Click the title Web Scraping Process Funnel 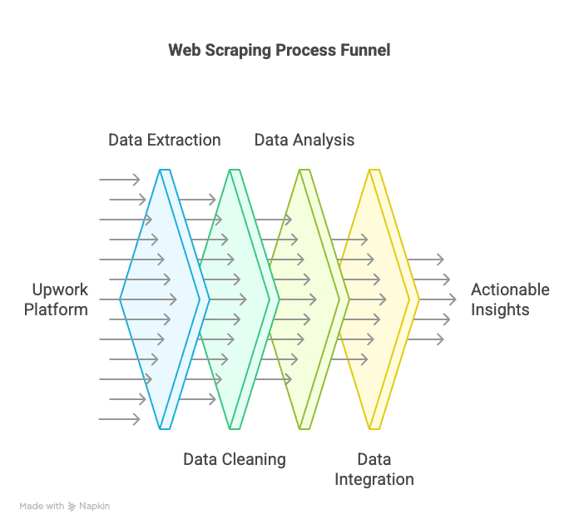280,51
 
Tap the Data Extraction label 165,141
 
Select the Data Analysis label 304,141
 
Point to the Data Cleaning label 235,460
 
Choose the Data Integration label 374,470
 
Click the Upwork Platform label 56,299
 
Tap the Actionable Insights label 510,299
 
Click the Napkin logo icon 72,506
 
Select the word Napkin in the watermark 95,506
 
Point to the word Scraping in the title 238,51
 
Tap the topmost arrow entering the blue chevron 120,180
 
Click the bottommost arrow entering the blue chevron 120,419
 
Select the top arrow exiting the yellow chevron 425,260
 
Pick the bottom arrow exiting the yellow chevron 425,339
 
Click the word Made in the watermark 29,506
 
